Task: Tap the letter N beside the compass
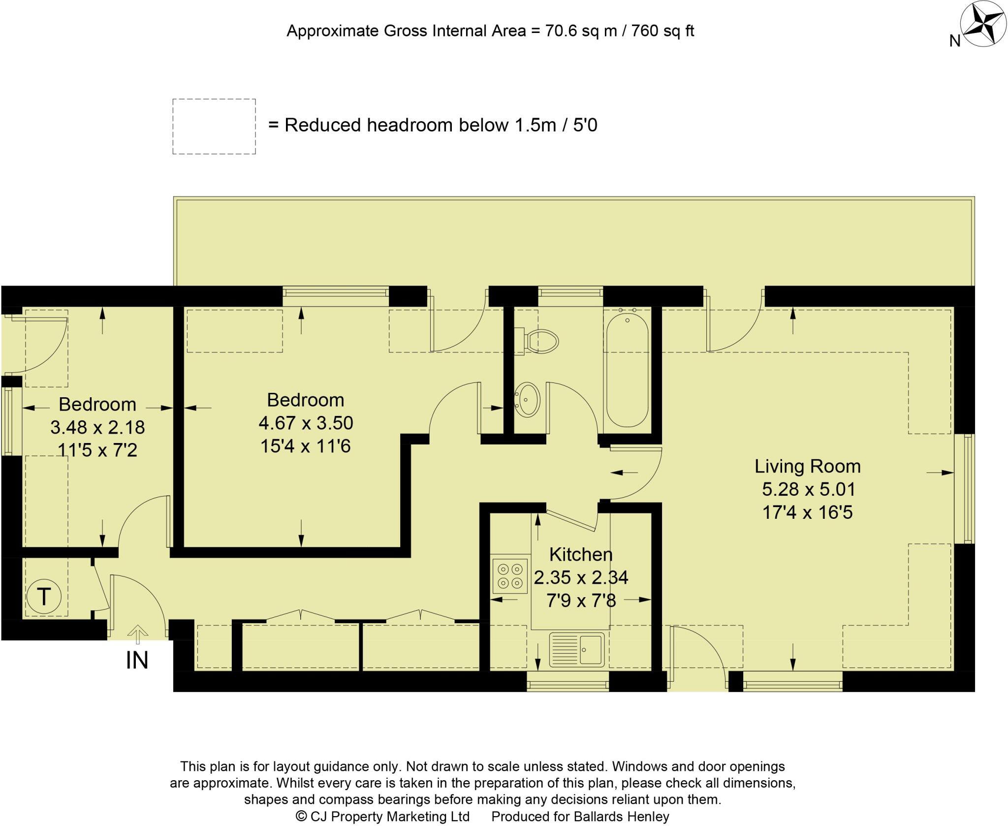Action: tap(955, 41)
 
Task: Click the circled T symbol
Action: tap(44, 597)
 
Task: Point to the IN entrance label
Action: tap(137, 661)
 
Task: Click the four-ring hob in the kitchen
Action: tap(510, 576)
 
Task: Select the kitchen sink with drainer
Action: tap(577, 650)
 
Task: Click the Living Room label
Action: tap(807, 466)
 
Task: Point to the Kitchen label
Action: tap(581, 554)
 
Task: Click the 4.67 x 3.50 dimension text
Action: tap(306, 423)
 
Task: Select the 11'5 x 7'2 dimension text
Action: tap(97, 450)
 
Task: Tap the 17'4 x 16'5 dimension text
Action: tap(807, 512)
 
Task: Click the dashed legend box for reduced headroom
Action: tap(214, 127)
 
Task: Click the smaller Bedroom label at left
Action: tap(97, 404)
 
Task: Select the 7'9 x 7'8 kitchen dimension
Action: tap(581, 601)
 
